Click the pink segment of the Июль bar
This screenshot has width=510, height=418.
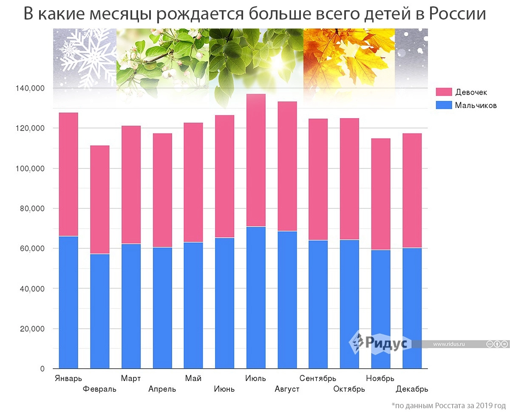(x=255, y=160)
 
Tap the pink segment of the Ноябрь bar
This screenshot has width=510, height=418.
(x=380, y=194)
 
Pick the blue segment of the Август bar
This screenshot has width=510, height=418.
(x=287, y=300)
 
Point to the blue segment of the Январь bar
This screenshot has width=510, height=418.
(x=68, y=302)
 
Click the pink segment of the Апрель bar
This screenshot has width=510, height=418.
(x=162, y=190)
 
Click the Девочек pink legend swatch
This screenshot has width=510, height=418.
(x=443, y=92)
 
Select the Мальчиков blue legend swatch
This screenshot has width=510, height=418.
(x=443, y=105)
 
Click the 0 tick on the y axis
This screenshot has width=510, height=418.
(x=42, y=369)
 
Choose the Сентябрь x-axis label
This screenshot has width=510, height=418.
(x=317, y=378)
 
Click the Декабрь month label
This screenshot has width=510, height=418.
(x=411, y=389)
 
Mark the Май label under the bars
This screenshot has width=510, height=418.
(x=193, y=378)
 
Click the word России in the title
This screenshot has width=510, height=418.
(x=457, y=14)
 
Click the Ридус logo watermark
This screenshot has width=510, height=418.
(x=380, y=343)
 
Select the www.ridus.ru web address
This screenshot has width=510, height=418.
(x=449, y=344)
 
